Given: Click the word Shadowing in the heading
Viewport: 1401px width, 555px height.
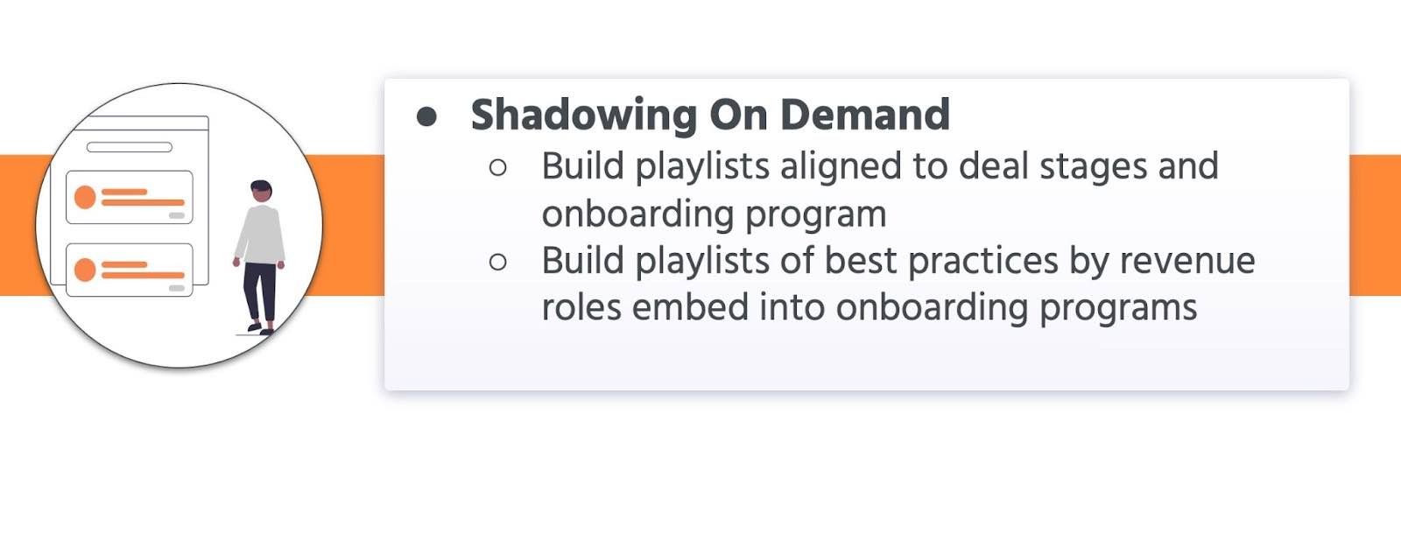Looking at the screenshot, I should pos(583,116).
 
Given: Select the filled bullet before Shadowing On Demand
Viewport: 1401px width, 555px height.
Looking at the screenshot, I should pos(427,116).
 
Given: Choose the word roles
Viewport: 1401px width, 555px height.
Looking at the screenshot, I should pos(581,307).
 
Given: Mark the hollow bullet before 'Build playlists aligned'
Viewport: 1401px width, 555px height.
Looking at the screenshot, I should pos(498,167).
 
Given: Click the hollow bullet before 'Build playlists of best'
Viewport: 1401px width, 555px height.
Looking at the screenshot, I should pos(498,261).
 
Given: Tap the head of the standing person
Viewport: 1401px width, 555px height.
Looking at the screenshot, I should pos(261,192).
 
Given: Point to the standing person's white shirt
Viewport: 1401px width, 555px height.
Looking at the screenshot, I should pos(261,234).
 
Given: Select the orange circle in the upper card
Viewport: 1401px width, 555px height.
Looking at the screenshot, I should pos(85,197).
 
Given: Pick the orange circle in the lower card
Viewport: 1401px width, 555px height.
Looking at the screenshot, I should pos(85,270).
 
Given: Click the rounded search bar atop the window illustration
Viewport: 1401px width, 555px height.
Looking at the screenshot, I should pos(130,147).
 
